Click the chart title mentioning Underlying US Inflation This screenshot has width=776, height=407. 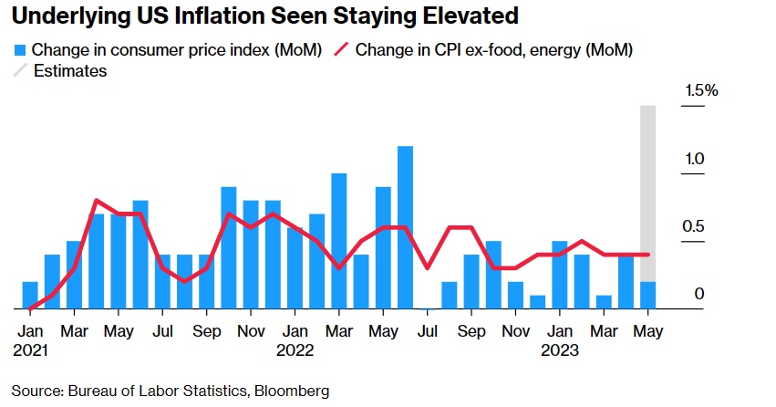(265, 16)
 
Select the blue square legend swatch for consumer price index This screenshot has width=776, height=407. (20, 50)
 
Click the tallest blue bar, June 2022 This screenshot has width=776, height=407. (405, 227)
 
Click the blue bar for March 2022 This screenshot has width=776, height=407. (338, 241)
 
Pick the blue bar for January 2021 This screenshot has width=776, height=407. (30, 296)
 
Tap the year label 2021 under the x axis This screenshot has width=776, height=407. (30, 349)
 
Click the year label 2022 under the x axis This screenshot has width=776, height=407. (295, 349)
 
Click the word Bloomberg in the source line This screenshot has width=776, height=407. (291, 391)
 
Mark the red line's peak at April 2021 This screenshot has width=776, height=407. (97, 201)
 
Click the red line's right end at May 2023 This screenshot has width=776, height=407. (647, 255)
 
